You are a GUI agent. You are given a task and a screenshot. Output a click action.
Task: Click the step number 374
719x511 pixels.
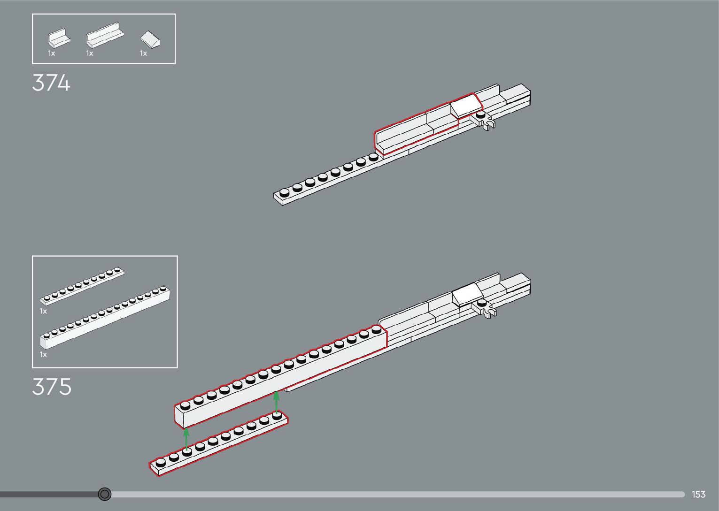coord(51,84)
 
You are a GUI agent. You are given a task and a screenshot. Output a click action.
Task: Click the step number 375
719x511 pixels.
coord(52,387)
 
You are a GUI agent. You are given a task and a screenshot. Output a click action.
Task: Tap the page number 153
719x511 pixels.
coord(698,495)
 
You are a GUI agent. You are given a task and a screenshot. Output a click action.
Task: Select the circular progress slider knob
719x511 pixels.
coord(105,494)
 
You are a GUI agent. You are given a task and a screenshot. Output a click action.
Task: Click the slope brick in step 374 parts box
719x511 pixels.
coord(150,39)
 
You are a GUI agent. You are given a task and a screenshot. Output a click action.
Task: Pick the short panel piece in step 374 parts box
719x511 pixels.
coord(59,38)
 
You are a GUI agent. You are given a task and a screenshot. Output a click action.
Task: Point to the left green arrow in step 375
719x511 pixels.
coord(186,439)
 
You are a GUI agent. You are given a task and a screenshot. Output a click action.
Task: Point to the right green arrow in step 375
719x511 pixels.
coord(277,402)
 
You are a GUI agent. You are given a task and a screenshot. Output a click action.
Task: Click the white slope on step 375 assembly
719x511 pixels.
coord(467,294)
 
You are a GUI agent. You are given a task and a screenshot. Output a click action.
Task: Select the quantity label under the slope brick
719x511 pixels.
coord(143,53)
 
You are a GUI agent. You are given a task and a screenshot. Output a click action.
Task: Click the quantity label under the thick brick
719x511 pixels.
coord(43,354)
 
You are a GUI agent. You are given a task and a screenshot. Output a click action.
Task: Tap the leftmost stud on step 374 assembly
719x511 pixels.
coord(284,192)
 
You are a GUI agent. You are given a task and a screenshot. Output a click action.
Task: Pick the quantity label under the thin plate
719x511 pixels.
coord(43,311)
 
